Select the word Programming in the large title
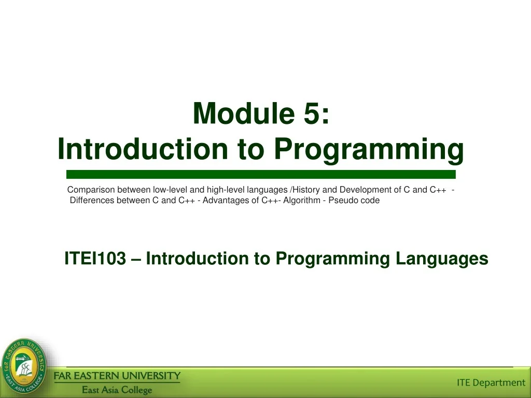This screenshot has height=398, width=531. [369, 149]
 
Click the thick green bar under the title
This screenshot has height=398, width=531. [261, 174]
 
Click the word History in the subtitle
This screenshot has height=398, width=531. [306, 190]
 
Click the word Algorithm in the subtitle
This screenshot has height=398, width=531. [301, 201]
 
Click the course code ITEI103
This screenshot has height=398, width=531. [95, 258]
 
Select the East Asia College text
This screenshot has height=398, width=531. [117, 390]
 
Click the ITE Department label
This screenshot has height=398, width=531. [491, 382]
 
